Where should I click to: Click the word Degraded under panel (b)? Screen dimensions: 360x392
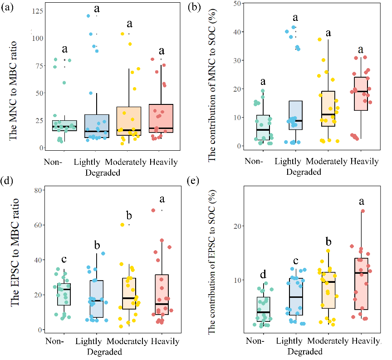304,172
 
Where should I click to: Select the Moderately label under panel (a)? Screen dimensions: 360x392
126,162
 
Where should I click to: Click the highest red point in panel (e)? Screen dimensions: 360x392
363,211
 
